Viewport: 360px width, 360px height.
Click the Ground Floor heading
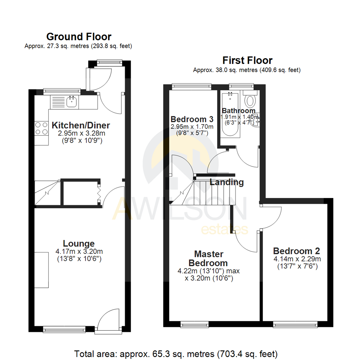pos(79,36)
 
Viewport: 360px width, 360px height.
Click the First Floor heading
pos(247,60)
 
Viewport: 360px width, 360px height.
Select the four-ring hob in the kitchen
pos(41,128)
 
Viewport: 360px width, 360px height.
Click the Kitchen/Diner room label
pos(81,126)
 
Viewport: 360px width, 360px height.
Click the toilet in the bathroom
pos(249,99)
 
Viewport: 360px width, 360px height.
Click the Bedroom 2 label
pos(297,251)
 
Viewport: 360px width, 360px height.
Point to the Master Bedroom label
pos(209,258)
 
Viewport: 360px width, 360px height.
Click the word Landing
pos(227,182)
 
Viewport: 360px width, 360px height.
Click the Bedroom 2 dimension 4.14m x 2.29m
pos(297,259)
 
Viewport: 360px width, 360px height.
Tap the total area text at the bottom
pos(175,353)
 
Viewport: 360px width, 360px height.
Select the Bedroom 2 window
pos(295,324)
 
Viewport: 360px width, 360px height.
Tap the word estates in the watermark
pos(224,230)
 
